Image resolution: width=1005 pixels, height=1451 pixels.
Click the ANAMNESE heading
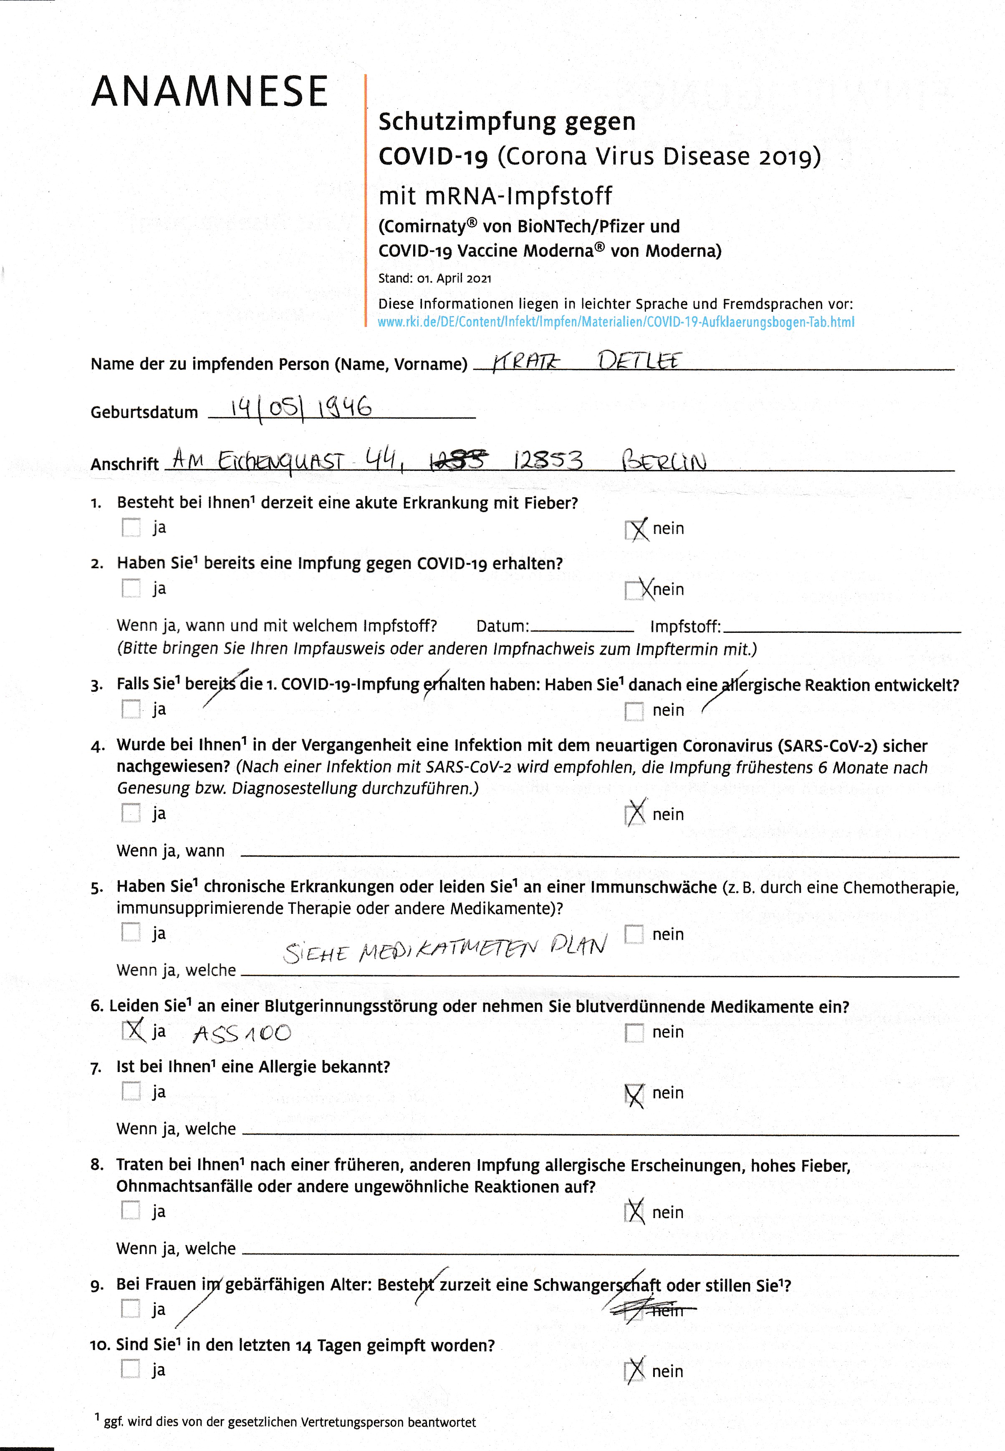pos(210,91)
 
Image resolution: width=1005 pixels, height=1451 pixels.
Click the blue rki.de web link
pos(616,322)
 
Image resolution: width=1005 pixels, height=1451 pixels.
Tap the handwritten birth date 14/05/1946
pos(300,408)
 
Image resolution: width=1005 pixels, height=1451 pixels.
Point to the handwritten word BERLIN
pos(664,460)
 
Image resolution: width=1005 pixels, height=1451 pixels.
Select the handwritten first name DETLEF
pos(639,361)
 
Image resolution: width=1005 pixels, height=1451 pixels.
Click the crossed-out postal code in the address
pos(458,462)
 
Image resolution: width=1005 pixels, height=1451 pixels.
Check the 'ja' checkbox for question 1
pos(131,527)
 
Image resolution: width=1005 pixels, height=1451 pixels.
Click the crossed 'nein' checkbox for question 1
pos(635,529)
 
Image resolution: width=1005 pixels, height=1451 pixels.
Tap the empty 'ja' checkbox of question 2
pos(131,588)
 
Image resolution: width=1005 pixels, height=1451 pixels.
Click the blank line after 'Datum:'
pos(582,628)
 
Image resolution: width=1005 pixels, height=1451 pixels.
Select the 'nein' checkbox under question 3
pos(634,711)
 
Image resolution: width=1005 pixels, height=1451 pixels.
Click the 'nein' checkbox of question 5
pos(634,934)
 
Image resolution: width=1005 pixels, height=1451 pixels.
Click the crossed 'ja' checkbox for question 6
pos(131,1030)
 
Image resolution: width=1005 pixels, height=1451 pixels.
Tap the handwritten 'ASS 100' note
pos(242,1033)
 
